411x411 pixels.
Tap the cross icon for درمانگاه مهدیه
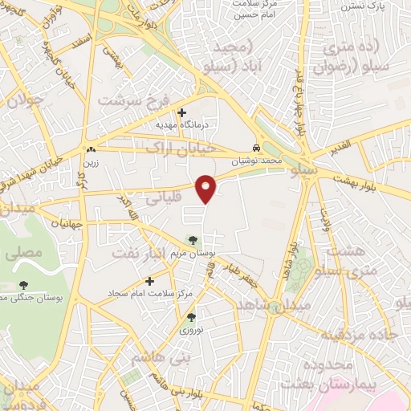[182, 112]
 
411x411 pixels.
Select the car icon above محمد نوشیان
[255, 149]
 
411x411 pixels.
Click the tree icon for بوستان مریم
[192, 239]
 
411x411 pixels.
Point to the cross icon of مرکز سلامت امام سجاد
[150, 281]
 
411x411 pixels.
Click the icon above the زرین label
[90, 149]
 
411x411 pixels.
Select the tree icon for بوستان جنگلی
[25, 284]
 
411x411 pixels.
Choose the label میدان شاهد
[296, 305]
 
